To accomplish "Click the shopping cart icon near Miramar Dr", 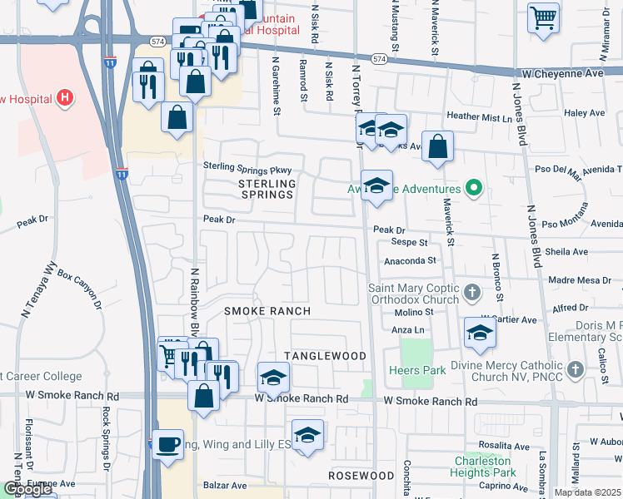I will click(x=543, y=16).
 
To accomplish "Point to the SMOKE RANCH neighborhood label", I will click(x=267, y=311).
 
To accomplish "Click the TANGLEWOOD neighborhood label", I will click(x=325, y=356).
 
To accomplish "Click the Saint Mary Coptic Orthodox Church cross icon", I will click(x=473, y=292).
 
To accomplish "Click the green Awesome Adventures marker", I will click(x=474, y=188).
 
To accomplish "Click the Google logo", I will click(x=27, y=489).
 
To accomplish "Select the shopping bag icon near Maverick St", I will click(x=438, y=147).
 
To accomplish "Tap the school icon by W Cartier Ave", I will click(x=480, y=333).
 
